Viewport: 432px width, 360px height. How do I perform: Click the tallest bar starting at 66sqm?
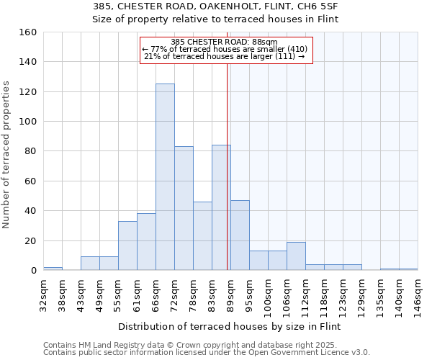pos(165,177)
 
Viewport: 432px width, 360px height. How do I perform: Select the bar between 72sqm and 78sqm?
pos(184,208)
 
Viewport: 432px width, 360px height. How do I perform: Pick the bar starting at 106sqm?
pos(296,256)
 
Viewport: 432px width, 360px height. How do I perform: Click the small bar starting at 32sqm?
pos(53,269)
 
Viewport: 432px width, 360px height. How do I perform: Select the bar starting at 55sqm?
pos(127,246)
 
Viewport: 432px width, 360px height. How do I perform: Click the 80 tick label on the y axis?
pos(31,151)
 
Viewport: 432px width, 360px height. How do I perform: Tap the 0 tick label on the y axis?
pos(33,271)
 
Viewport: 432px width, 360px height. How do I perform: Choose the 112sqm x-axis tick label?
pos(305,296)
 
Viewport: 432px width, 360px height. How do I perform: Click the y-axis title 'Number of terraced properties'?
pos(6,155)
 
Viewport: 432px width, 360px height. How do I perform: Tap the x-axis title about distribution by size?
pos(228,326)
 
